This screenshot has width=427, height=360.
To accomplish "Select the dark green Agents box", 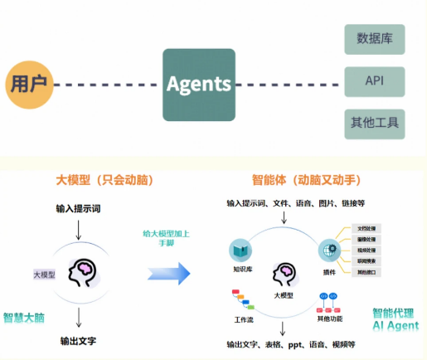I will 198,84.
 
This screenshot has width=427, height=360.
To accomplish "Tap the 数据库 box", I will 374,39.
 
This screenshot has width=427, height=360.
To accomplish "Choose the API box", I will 374,82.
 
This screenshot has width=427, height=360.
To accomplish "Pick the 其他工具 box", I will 374,124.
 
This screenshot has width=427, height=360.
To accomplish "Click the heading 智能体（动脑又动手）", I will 305,180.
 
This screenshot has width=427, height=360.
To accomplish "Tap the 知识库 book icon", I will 240,249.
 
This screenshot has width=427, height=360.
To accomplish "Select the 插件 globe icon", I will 325,250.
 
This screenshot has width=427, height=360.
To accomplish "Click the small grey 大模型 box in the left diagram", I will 44,275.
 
